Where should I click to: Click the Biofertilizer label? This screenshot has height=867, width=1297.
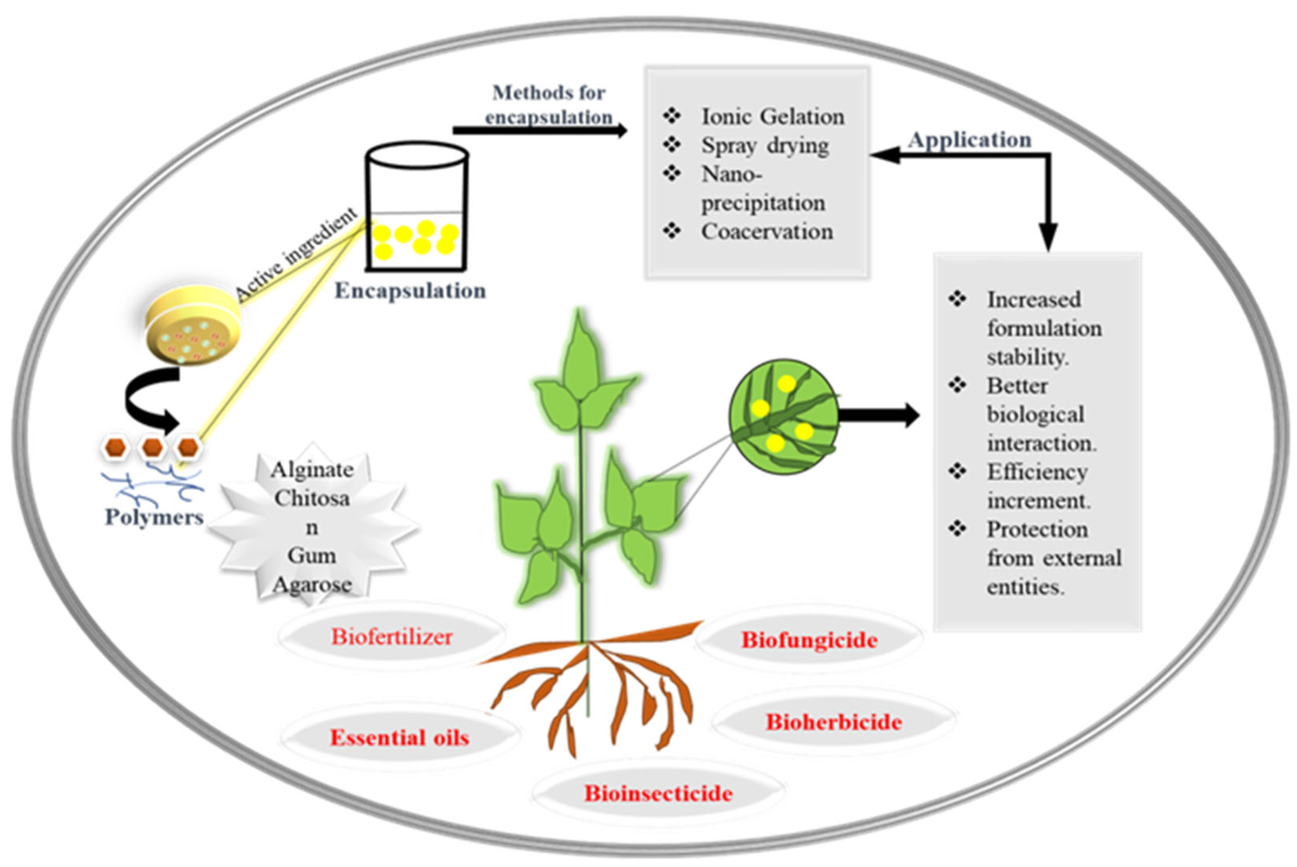coord(391,637)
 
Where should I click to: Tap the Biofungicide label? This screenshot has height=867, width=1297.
coord(808,640)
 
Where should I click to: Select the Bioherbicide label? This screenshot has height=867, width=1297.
coord(833,722)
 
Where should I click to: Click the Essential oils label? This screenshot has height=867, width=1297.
coord(399,738)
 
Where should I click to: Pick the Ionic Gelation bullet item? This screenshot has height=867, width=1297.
coord(772,117)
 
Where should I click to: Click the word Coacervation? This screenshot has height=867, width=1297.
coord(767,232)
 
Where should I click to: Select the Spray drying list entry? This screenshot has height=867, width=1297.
coord(765,145)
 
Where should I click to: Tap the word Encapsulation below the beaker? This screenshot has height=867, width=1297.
coord(410,291)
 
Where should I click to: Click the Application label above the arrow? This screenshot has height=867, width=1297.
coord(970,139)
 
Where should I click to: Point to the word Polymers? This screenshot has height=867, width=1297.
coord(154,517)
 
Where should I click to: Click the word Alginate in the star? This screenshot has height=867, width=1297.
coord(312,470)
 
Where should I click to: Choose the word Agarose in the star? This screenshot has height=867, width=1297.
coord(312,585)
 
